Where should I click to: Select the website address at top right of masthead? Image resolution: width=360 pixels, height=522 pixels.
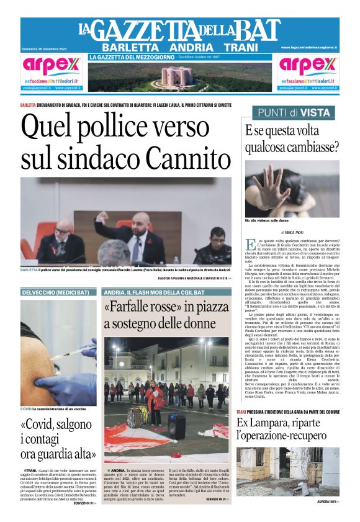308,47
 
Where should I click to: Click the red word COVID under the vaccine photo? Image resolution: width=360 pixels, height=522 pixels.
25,409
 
